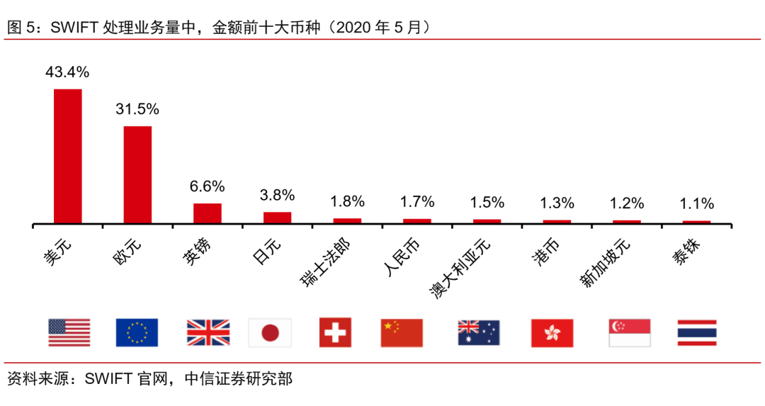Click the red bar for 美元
[68, 157]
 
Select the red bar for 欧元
[137, 175]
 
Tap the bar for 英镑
[208, 213]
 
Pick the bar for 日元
[277, 218]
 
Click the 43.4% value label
[67, 72]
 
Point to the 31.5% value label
[137, 109]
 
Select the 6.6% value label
[207, 186]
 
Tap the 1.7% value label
[416, 202]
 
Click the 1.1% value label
[696, 204]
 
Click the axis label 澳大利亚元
[460, 268]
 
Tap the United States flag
[69, 332]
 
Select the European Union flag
[137, 332]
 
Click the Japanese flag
[270, 332]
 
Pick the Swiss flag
[335, 332]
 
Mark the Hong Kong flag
[552, 332]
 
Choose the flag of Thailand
[697, 332]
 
